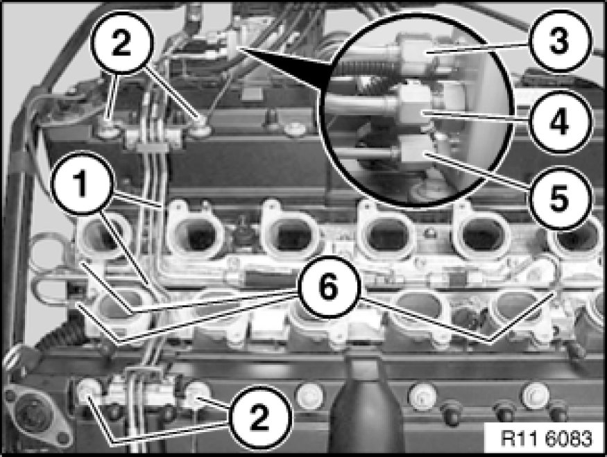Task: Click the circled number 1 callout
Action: pyautogui.click(x=80, y=182)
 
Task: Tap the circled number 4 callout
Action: pyautogui.click(x=559, y=122)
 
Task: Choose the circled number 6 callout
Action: pyautogui.click(x=328, y=287)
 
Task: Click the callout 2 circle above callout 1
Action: pyautogui.click(x=121, y=42)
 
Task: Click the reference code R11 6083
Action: pyautogui.click(x=546, y=439)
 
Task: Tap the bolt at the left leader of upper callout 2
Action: pyautogui.click(x=108, y=132)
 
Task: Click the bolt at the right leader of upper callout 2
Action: pyautogui.click(x=201, y=129)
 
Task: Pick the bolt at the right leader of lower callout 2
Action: pyautogui.click(x=196, y=394)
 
